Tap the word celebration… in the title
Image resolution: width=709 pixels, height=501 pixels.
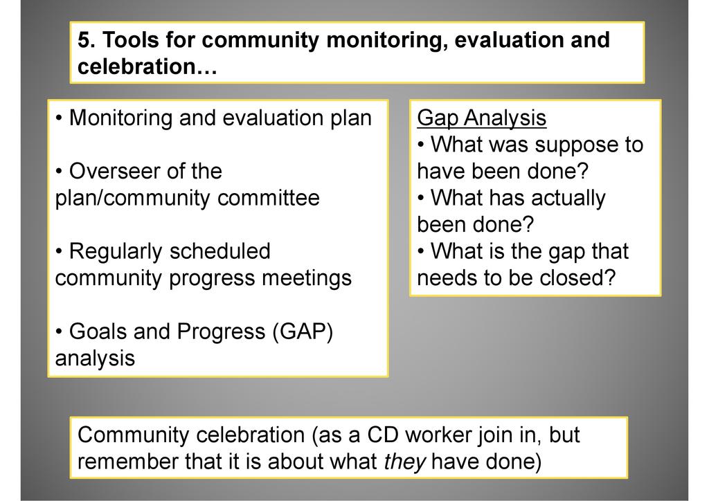tap(147, 66)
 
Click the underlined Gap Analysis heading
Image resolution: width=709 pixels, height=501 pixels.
tap(482, 118)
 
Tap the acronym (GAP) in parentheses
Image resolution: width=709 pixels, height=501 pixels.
tap(303, 332)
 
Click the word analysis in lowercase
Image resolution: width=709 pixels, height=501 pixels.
tap(95, 358)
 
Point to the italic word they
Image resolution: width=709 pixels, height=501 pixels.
tap(404, 462)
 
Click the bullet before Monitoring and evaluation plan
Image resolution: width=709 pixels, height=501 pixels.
tap(59, 118)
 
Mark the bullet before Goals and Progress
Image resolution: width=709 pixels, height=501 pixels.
tap(59, 332)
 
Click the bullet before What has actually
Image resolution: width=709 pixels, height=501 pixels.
tap(420, 199)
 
